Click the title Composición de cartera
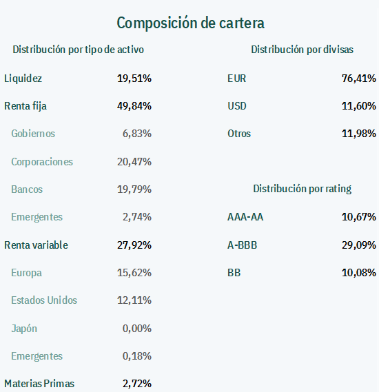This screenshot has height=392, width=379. pos(190,23)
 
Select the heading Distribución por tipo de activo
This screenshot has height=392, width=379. pos(79,50)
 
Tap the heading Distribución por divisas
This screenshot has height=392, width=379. pos(303,50)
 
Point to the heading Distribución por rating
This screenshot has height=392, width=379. pos(303,189)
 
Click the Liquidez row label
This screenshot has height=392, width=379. pos(23,79)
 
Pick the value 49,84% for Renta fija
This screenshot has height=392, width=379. pos(134,106)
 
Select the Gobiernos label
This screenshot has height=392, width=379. pos(33,134)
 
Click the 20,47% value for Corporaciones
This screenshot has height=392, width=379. pos(134,162)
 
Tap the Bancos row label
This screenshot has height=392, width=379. pos(27,189)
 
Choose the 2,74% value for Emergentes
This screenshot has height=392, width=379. pos(137,217)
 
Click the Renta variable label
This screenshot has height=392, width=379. pos(36,245)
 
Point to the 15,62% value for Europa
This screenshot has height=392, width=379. pos(134,273)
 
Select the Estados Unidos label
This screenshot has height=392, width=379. pos(44,300)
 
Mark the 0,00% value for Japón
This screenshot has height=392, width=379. pos(137,328)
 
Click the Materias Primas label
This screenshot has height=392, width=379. pos(39,384)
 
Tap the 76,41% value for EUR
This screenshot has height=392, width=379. pos(359,79)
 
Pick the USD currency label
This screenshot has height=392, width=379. pos(237,106)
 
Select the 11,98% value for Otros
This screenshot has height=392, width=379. pos(359,134)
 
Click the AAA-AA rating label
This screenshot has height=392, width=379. pos(245,217)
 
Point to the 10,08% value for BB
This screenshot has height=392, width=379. pos(359,273)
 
